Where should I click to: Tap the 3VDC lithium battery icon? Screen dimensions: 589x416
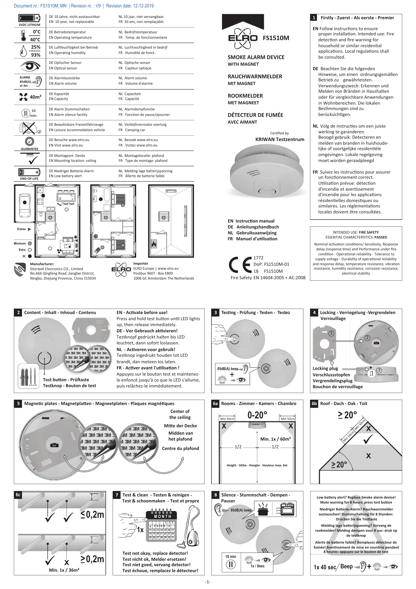pyautogui.click(x=29, y=18)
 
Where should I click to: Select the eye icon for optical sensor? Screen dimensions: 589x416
pyautogui.click(x=30, y=66)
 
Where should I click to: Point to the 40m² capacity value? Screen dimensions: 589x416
pyautogui.click(x=35, y=97)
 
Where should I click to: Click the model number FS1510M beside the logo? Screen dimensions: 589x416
pyautogui.click(x=276, y=38)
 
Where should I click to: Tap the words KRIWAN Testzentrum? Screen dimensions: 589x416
pyautogui.click(x=280, y=139)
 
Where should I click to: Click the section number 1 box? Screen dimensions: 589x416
pyautogui.click(x=314, y=18)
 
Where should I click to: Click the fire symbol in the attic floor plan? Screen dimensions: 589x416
pyautogui.click(x=154, y=244)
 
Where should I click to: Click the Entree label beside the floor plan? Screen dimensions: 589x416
pyautogui.click(x=22, y=229)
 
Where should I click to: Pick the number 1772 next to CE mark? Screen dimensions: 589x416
pyautogui.click(x=258, y=258)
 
